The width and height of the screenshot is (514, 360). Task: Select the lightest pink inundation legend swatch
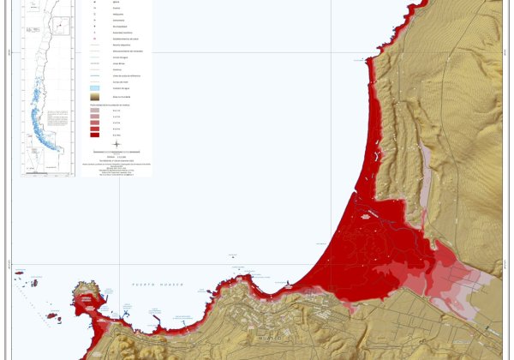pyautogui.click(x=93, y=111)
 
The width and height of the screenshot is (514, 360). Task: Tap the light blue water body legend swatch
pyautogui.click(x=93, y=87)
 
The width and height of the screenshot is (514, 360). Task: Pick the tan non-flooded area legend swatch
pyautogui.click(x=93, y=99)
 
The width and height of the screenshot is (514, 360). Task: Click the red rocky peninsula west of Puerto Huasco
pyautogui.click(x=87, y=300)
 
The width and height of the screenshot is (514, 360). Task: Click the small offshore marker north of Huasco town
pyautogui.click(x=232, y=255)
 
